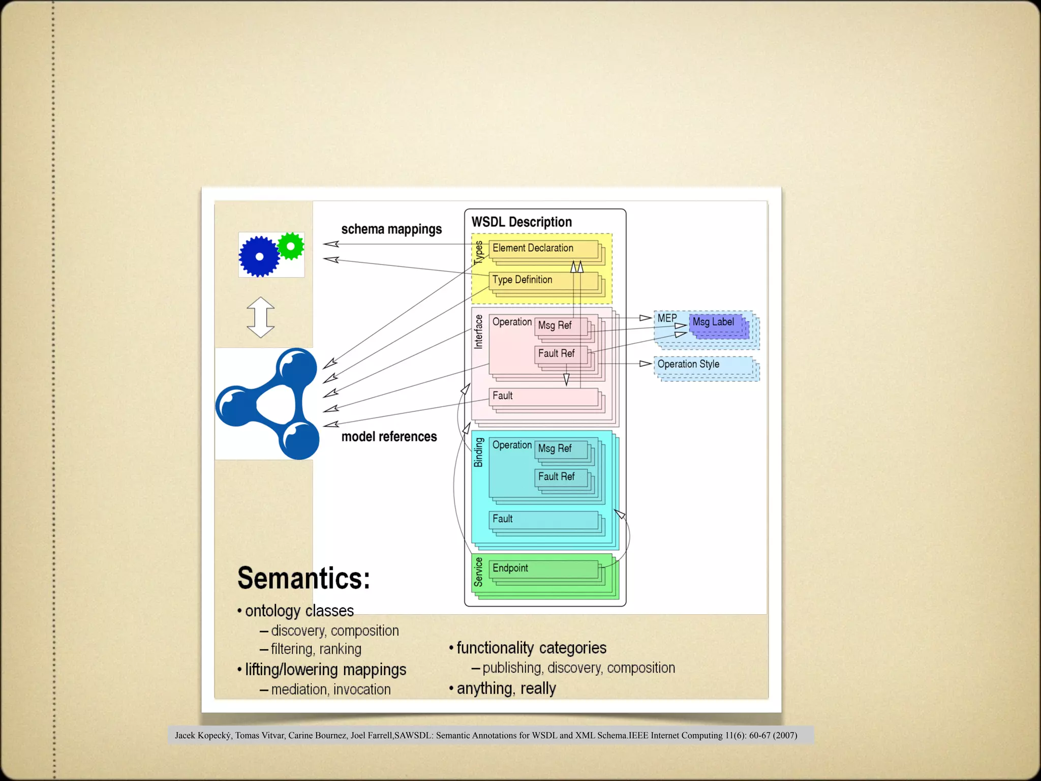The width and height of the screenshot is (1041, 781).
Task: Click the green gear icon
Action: coord(291,247)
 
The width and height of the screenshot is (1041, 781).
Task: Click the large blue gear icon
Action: coord(259,256)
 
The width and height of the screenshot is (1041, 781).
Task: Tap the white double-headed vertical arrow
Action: coord(261,317)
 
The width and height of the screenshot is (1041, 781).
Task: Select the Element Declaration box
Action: coord(542,248)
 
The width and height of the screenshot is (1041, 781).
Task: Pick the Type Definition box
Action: coord(542,280)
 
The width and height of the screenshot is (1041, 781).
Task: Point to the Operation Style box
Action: coord(703,365)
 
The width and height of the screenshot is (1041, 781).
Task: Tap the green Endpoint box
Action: coord(542,568)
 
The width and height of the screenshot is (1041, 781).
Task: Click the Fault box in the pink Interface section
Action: coord(542,396)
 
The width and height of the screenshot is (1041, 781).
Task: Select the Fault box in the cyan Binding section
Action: coord(542,519)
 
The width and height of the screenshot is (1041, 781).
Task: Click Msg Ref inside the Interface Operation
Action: coord(558,325)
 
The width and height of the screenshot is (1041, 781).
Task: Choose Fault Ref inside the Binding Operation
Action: coord(559,477)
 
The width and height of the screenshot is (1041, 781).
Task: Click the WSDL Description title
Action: coord(522,222)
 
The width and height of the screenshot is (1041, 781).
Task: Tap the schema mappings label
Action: coord(391,229)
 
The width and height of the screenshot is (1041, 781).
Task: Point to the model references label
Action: coord(389,437)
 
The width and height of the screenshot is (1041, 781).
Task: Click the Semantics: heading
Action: coord(303,579)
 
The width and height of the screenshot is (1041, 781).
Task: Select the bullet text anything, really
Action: coord(506,688)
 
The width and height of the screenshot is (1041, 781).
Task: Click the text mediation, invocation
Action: coord(330,689)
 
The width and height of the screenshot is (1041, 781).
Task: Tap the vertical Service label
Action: coord(478,572)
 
